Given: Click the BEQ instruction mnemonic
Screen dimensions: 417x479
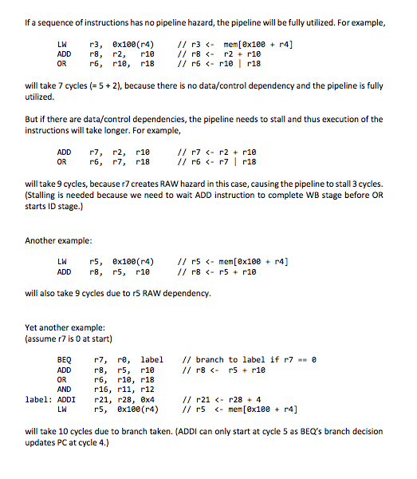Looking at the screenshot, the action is point(65,360).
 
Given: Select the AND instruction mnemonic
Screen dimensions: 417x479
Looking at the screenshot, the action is point(65,390).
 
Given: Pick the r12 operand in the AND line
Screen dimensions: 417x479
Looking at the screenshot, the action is point(146,390).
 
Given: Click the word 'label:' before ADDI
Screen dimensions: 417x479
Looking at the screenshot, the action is point(38,400).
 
